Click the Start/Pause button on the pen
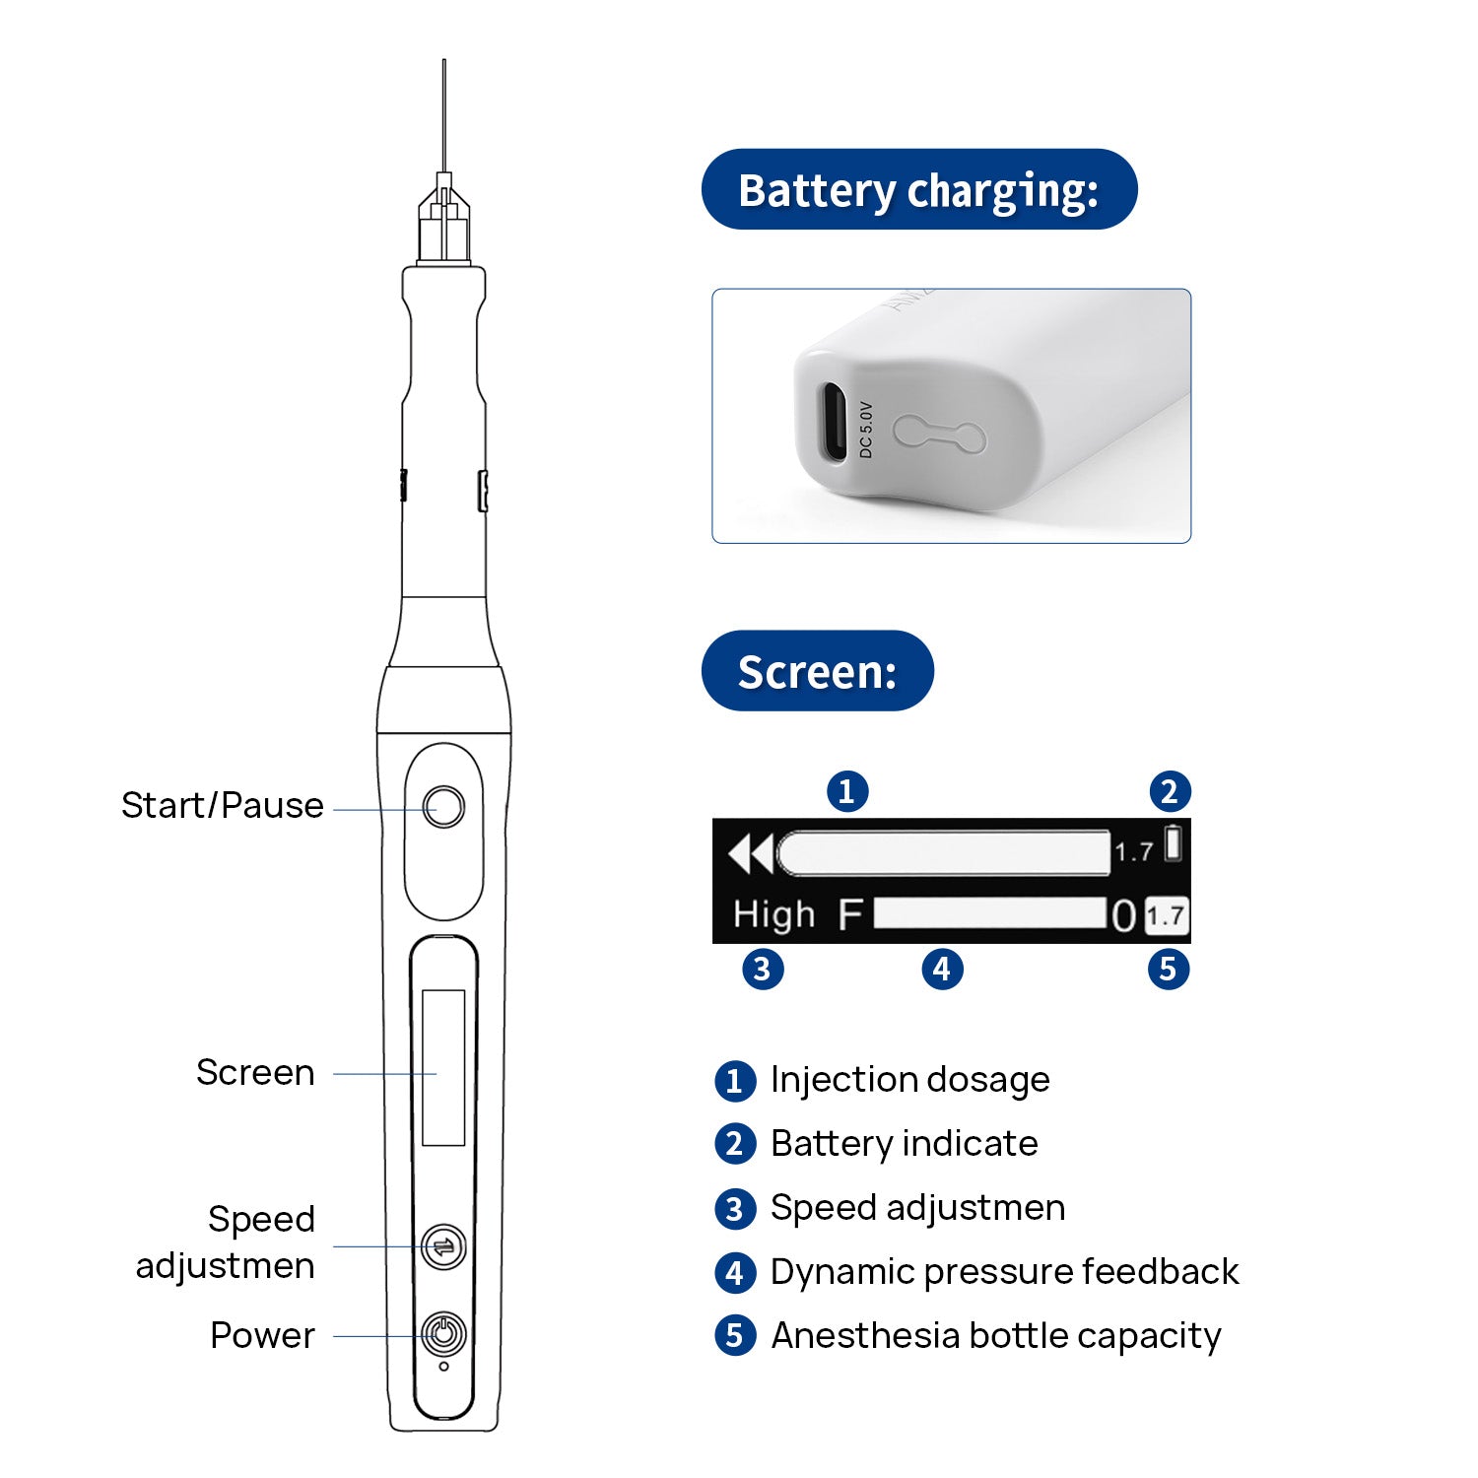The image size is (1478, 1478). coord(443,807)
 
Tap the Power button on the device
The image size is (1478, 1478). coord(443,1335)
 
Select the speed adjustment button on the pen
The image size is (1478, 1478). coord(443,1246)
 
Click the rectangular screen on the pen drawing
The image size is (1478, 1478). coord(443,1068)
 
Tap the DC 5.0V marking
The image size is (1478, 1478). coord(866,430)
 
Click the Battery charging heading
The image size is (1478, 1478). coord(918,189)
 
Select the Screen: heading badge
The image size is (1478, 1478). coord(817,671)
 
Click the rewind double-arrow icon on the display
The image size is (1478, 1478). coord(750,853)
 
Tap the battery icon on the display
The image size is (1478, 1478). coord(1173,843)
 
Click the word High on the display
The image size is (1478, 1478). coord(773,914)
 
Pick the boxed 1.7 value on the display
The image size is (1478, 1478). coord(1166,915)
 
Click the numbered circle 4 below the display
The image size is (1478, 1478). coord(942,969)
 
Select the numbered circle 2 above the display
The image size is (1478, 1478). coord(1170,791)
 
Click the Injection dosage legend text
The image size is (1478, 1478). coord(909,1080)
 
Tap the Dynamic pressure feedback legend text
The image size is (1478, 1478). coord(1004,1272)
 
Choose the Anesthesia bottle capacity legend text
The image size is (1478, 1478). coord(995,1336)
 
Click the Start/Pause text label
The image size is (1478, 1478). coord(223,806)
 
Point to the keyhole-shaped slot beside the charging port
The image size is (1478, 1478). coord(939,434)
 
